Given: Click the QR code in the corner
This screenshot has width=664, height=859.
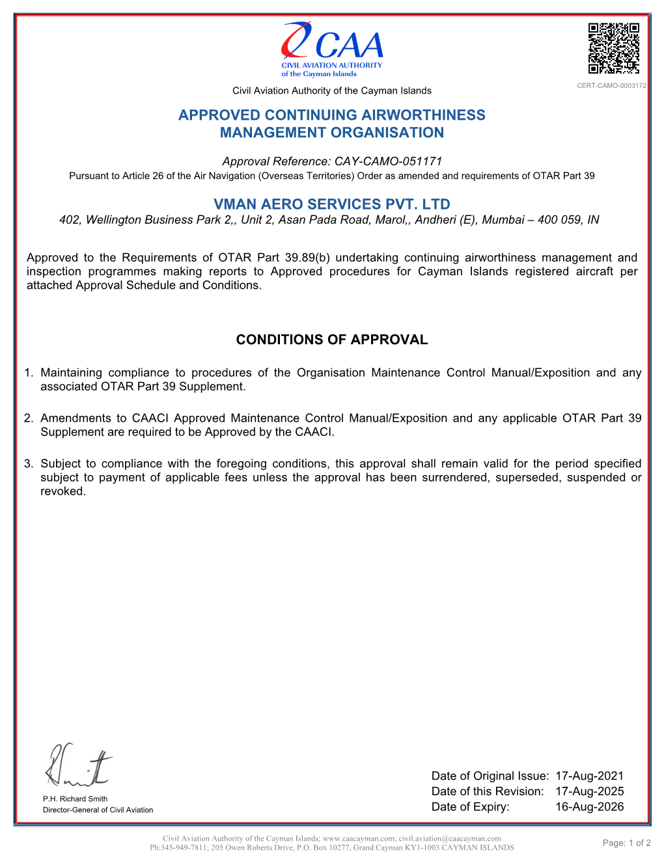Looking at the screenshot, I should tap(613, 48).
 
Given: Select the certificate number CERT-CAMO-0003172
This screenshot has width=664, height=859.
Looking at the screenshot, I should tap(611, 86).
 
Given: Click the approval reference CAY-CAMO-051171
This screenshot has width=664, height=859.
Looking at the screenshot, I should tap(388, 161).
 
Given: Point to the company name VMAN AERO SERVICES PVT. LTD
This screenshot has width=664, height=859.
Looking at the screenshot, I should tap(332, 204).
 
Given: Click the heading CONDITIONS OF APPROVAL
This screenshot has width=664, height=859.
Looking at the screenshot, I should tap(332, 340).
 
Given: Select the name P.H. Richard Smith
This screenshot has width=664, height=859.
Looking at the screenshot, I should tap(75, 799).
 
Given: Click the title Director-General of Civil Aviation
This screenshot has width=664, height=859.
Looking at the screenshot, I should tap(98, 810).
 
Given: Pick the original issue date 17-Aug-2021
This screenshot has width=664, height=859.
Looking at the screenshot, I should tap(589, 776).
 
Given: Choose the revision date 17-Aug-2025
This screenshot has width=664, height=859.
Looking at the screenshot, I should tap(589, 791).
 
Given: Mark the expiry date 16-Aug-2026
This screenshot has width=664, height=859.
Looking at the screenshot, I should tap(589, 807).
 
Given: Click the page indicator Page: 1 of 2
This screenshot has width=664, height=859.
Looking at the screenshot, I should tap(626, 843).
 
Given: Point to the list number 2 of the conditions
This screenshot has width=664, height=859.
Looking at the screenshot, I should tap(28, 418).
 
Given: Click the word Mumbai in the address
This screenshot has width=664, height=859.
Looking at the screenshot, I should tap(503, 220).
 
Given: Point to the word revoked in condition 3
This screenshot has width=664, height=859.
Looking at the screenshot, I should tap(62, 491).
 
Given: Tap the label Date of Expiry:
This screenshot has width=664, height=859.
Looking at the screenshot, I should tap(470, 807).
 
